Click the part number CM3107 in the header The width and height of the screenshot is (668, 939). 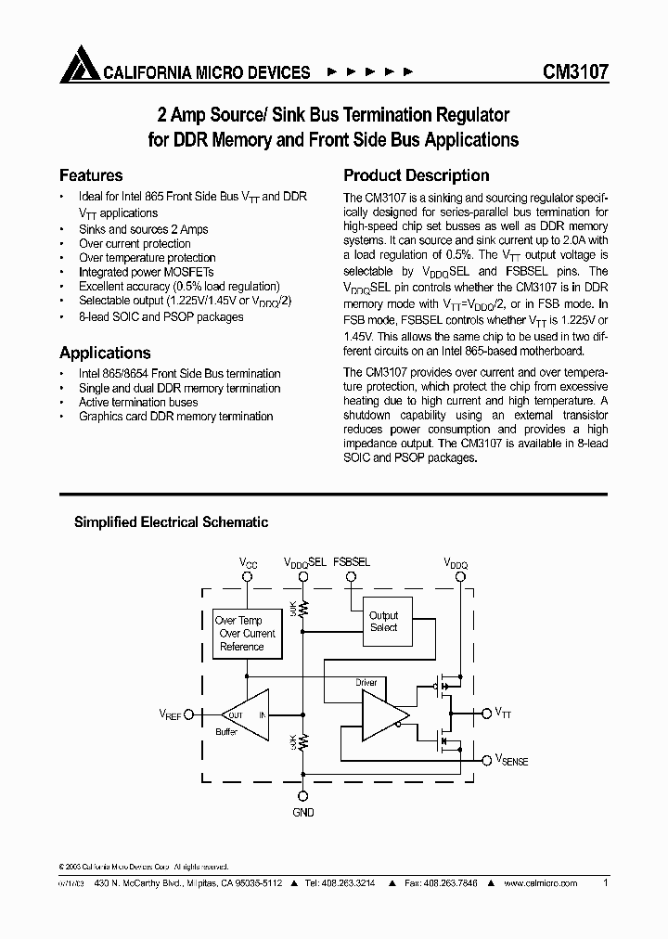coord(575,71)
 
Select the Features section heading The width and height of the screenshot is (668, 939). coord(91,175)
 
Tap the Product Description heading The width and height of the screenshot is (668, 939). coord(417,175)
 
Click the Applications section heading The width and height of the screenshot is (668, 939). coord(105,353)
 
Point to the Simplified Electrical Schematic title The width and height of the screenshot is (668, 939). coord(171,522)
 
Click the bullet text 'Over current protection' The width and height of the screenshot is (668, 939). coord(135,243)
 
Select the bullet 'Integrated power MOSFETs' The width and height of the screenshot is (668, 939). coord(146,273)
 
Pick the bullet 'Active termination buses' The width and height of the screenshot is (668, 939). coord(138,403)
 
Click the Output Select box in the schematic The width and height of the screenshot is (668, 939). coord(383,621)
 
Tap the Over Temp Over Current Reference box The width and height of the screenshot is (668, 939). coord(244,633)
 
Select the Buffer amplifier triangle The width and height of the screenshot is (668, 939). coord(243,714)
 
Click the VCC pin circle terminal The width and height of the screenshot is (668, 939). coord(248,575)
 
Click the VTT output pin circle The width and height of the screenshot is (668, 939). coord(485,714)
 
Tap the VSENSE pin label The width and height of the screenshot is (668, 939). coord(511,761)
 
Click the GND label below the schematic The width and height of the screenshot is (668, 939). coord(302,812)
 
